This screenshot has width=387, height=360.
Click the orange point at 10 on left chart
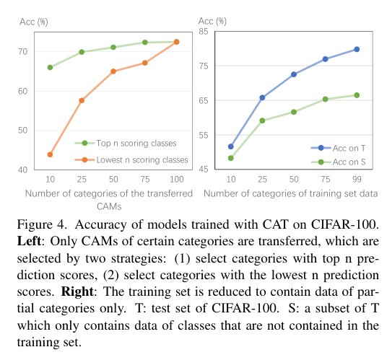click(50, 154)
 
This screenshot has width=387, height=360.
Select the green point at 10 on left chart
click(50, 67)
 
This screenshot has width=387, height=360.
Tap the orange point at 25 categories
click(82, 100)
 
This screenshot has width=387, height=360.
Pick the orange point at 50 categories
click(113, 71)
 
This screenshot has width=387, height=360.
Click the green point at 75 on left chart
click(144, 43)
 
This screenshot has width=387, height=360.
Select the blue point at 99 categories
click(357, 49)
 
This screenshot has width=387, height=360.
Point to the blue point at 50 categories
click(294, 74)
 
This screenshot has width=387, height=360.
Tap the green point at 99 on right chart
click(357, 95)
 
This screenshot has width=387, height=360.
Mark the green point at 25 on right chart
click(262, 120)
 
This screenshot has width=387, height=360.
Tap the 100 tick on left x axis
click(176, 179)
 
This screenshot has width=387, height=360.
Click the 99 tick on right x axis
click(357, 179)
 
